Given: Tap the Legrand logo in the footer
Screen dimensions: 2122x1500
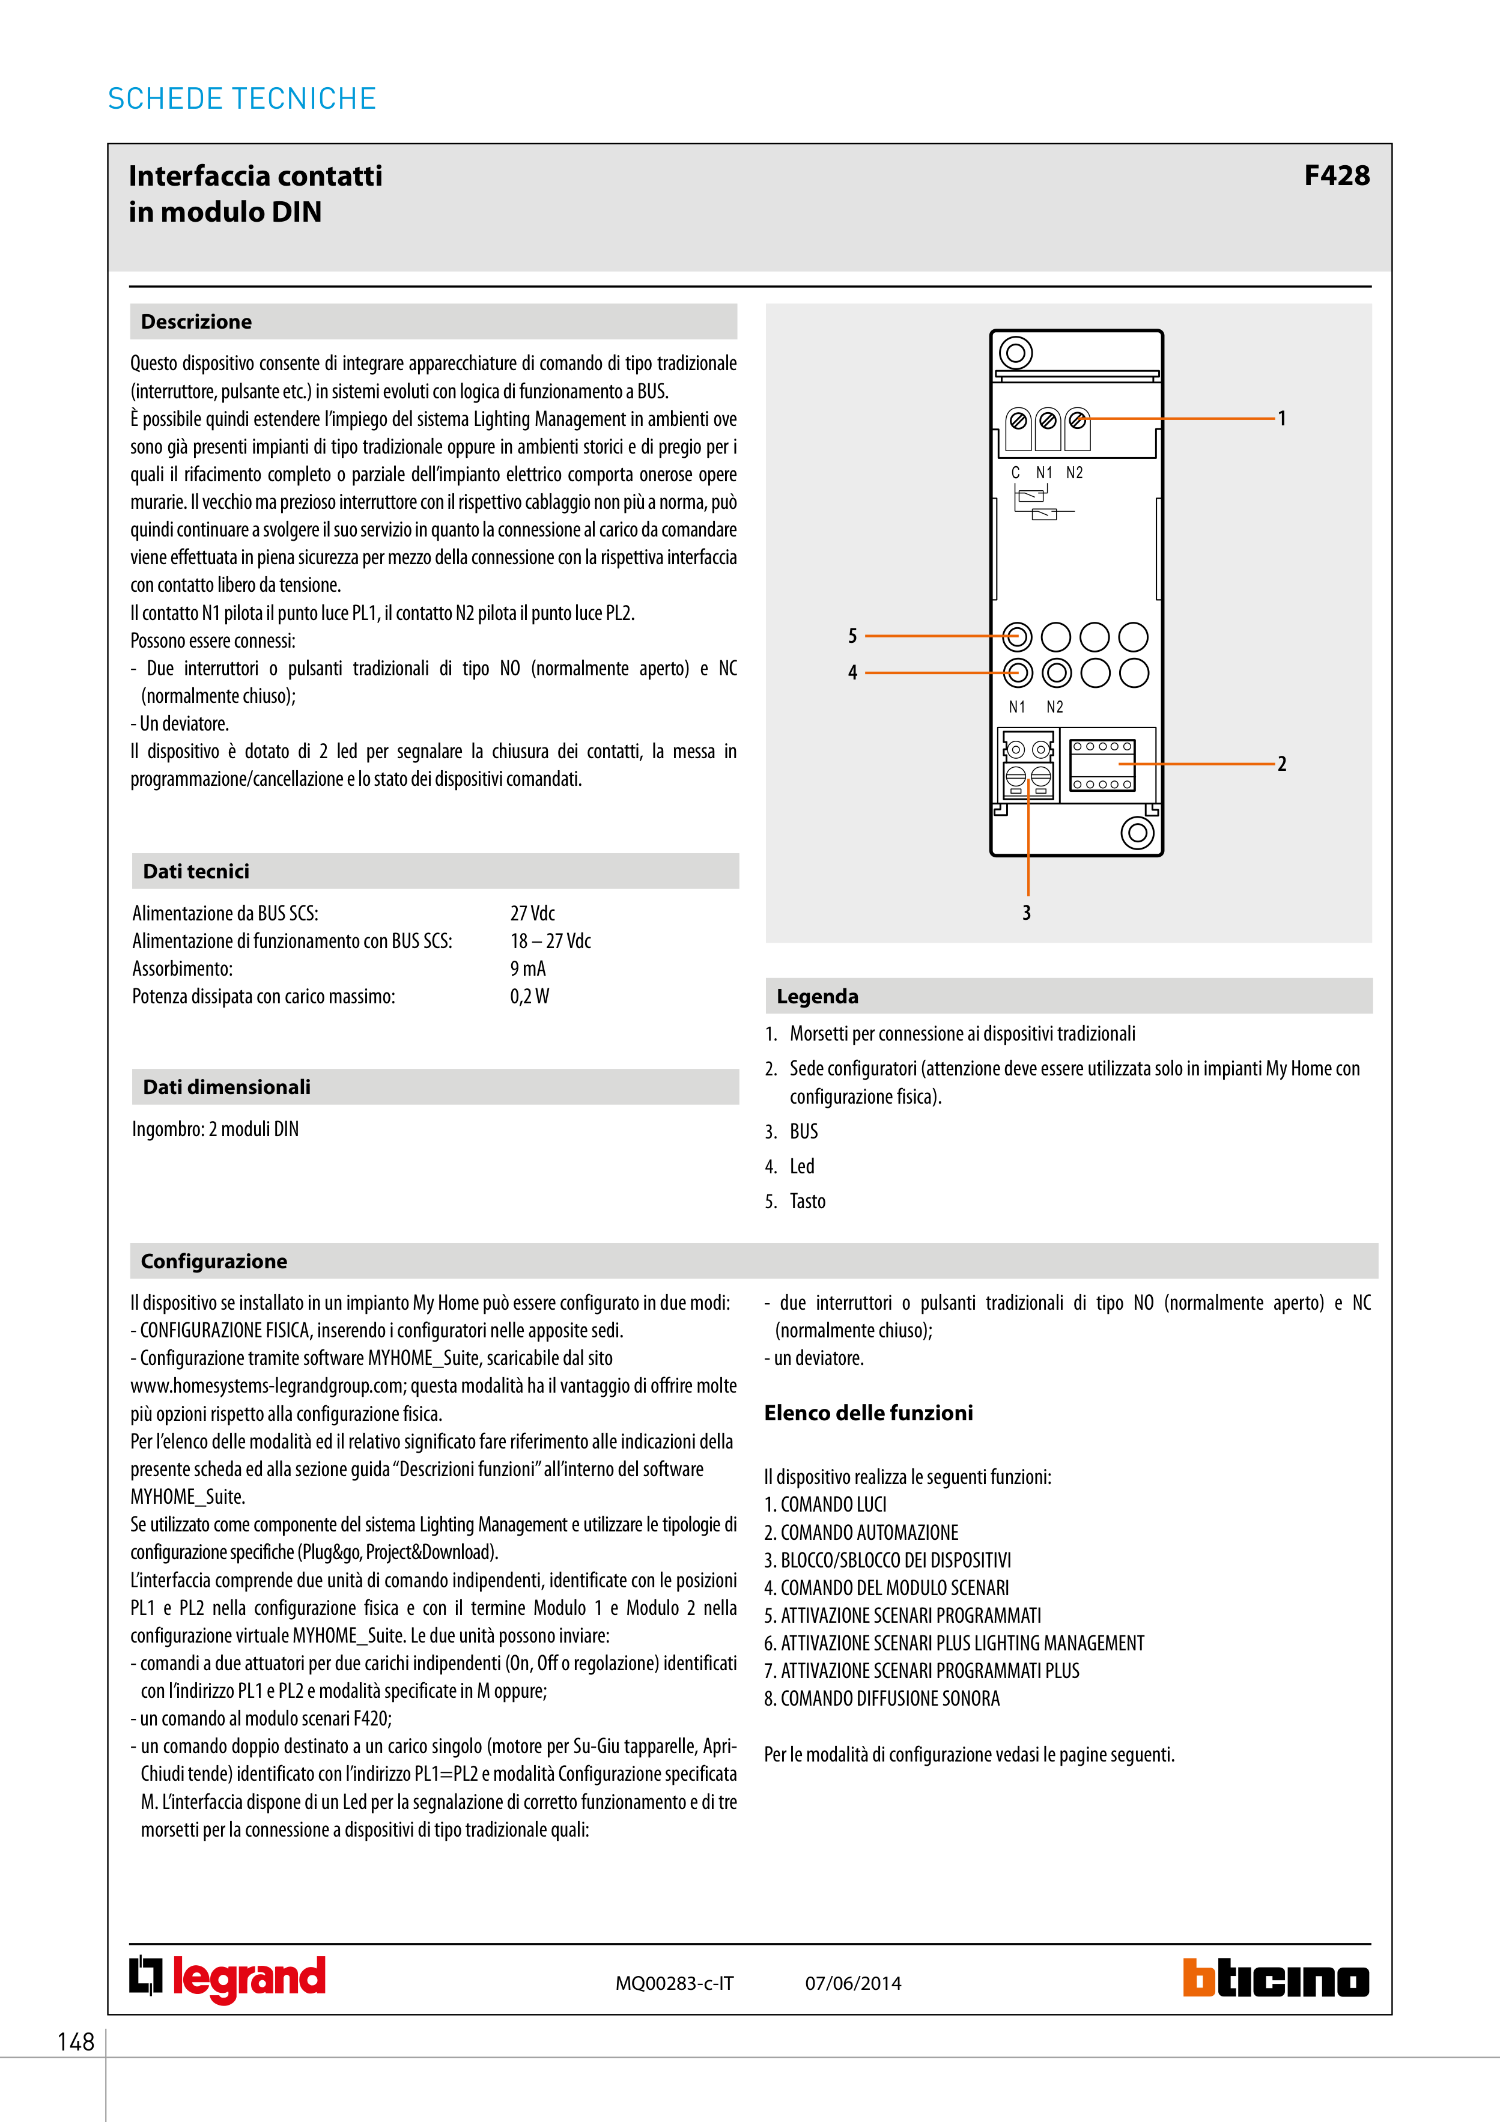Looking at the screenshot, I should [227, 1979].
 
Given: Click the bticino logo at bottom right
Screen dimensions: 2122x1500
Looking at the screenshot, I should [1275, 1979].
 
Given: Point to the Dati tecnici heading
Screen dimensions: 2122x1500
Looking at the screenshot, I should [196, 872].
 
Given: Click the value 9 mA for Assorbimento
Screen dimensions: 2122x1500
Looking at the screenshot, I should [527, 968].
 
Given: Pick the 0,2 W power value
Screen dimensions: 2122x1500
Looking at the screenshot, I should [530, 996].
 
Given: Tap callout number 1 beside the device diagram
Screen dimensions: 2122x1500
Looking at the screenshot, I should [1282, 419].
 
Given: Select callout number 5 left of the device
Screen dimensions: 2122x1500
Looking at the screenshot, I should [852, 636].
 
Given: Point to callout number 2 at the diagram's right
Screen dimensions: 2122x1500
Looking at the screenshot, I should [1282, 764].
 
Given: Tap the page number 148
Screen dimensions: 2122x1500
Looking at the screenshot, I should [76, 2041].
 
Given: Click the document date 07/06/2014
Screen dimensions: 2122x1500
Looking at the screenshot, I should [853, 1983].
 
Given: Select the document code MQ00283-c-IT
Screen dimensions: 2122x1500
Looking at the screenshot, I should [675, 1983].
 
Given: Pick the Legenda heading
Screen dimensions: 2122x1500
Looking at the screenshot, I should [817, 996].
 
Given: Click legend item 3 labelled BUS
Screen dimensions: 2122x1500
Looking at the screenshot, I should [803, 1131].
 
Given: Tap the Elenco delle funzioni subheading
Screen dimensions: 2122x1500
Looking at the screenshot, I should [868, 1413].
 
